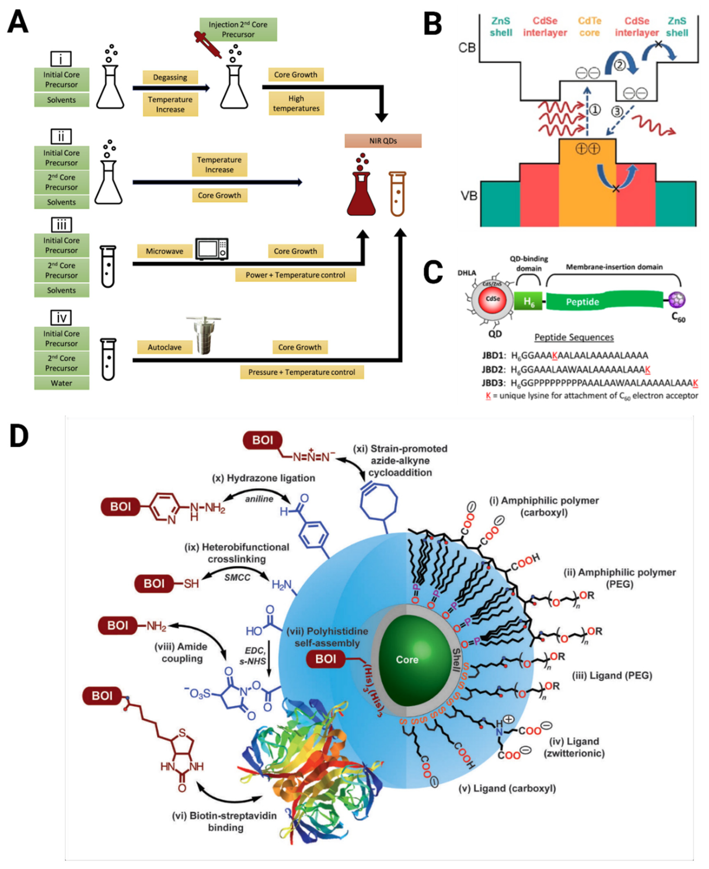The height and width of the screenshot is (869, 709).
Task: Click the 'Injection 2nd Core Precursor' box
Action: click(x=238, y=29)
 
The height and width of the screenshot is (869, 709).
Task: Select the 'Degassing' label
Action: click(x=170, y=77)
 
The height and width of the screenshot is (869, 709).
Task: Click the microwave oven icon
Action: click(x=211, y=249)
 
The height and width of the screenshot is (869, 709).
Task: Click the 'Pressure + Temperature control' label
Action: click(x=302, y=372)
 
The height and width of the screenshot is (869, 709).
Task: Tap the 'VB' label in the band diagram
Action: click(x=469, y=196)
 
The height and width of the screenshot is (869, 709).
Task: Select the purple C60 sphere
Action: click(x=677, y=300)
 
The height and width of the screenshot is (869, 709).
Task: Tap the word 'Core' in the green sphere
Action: click(x=407, y=660)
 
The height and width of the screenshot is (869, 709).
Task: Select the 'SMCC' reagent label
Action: click(x=237, y=578)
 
